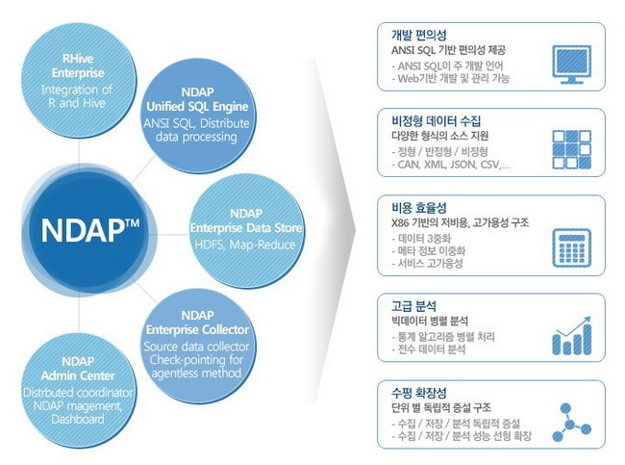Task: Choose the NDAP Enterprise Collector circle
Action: tap(196, 341)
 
